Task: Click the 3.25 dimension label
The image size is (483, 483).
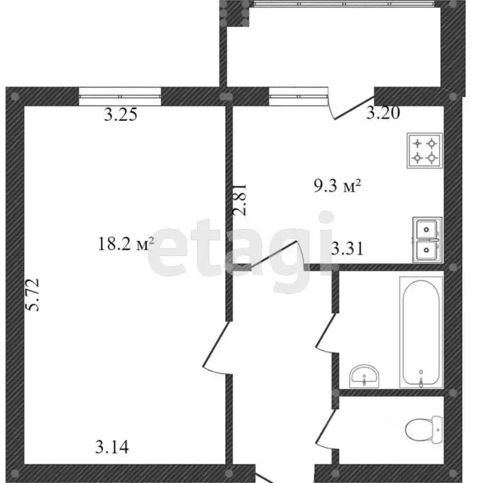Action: [120, 114]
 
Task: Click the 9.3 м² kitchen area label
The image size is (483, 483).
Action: [337, 186]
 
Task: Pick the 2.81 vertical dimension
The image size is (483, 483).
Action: [241, 199]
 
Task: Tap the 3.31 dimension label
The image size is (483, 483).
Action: [347, 249]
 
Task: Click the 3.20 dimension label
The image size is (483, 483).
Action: [384, 113]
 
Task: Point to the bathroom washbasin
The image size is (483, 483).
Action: [364, 375]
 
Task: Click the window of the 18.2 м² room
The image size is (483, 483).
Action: [121, 96]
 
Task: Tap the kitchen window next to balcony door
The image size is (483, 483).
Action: [296, 96]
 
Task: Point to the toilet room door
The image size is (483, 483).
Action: [326, 429]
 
